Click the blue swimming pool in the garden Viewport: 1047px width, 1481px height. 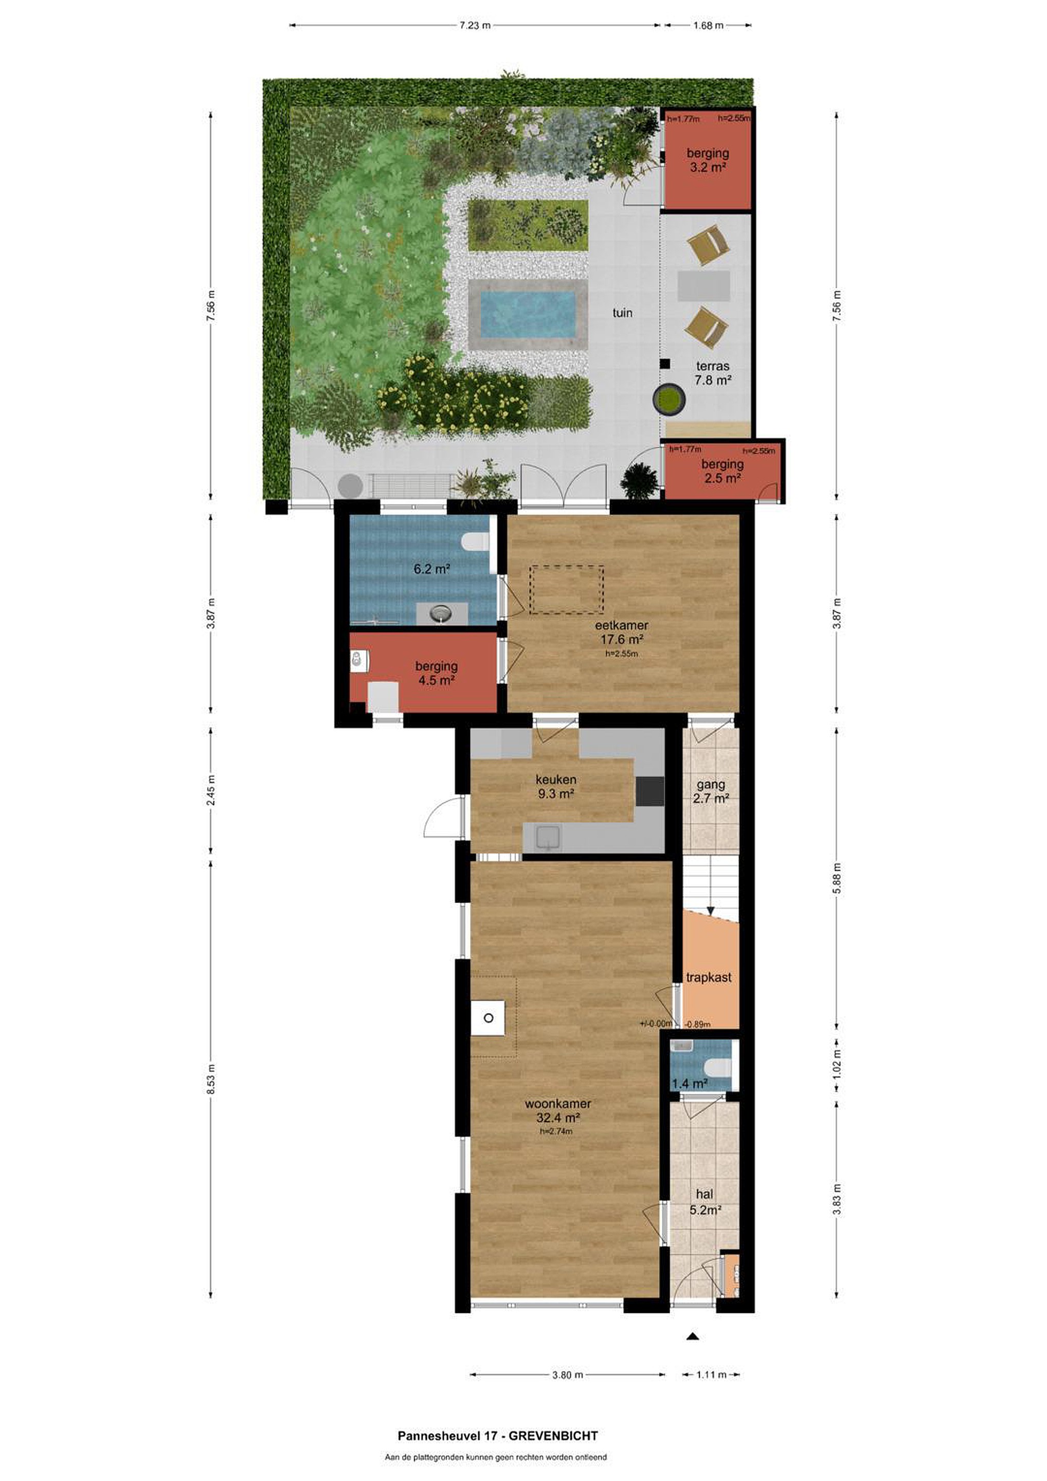pos(528,315)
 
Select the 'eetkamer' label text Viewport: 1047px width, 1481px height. pos(621,625)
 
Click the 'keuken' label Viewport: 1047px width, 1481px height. pos(555,779)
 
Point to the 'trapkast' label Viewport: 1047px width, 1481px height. pos(709,977)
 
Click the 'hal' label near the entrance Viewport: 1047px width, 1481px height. pos(705,1195)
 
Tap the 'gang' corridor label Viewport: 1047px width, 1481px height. pos(711,785)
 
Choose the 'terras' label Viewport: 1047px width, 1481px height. pos(713,366)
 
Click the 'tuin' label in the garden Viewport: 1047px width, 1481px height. pos(623,313)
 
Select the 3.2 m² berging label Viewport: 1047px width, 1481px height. pos(708,160)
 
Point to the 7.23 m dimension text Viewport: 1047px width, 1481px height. pos(475,26)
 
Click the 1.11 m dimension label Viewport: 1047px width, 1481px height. pos(711,1375)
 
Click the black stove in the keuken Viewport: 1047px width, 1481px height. pos(649,791)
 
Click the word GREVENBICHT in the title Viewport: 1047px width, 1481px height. pos(553,1436)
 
